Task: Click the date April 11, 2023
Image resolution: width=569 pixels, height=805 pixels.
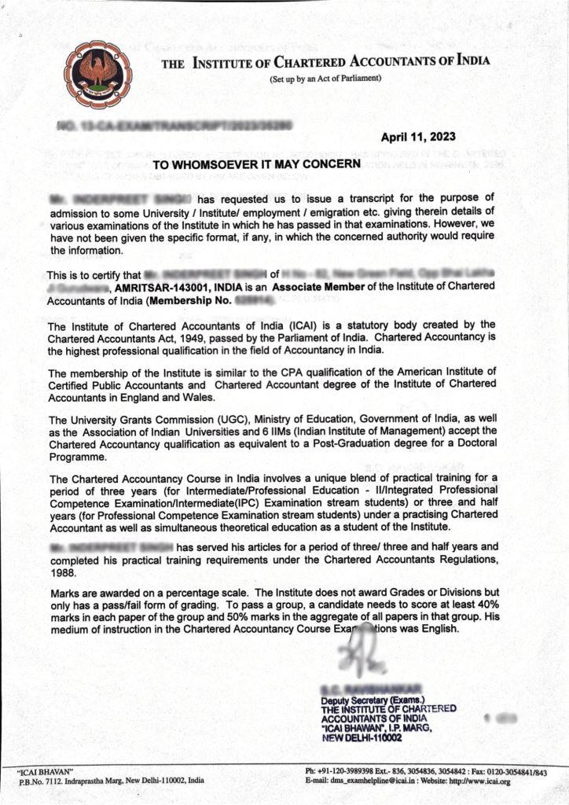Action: tap(417, 137)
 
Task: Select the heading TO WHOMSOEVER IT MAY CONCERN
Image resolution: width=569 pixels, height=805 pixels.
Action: tap(255, 165)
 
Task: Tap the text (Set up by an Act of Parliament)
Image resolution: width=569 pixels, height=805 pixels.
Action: tap(325, 79)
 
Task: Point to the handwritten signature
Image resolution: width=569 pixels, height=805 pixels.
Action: tap(360, 653)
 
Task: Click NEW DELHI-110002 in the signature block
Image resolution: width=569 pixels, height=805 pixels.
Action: tap(361, 738)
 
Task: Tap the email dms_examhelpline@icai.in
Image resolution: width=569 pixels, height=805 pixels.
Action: tap(371, 781)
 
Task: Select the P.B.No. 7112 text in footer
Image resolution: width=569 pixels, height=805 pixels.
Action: tap(46, 781)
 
